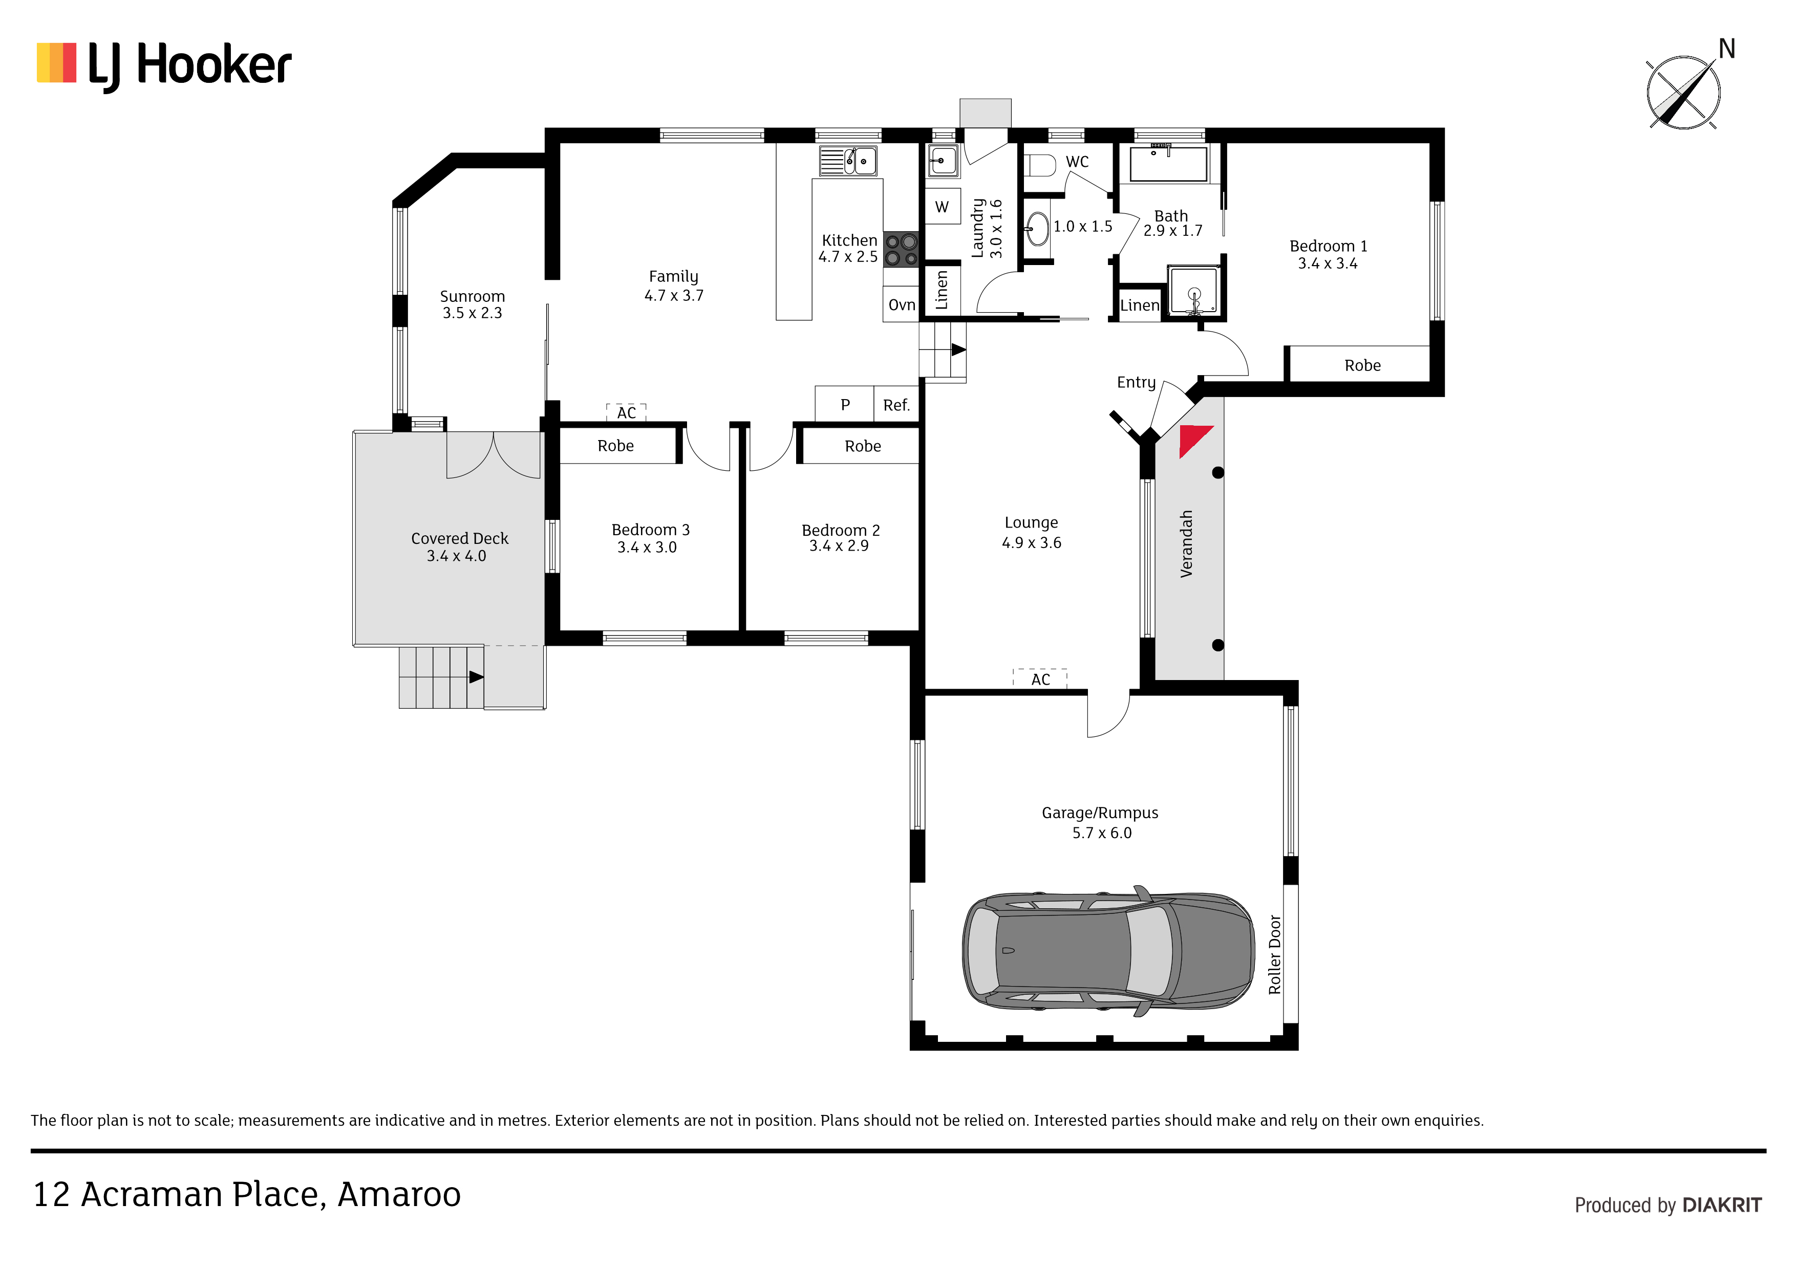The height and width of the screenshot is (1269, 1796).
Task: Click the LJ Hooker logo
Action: [164, 65]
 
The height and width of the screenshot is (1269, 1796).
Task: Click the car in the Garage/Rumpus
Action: [1107, 951]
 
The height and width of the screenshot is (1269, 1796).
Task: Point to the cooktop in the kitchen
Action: [901, 249]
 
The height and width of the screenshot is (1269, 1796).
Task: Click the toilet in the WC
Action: [1040, 165]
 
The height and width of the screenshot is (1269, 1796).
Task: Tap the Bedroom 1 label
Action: [1328, 246]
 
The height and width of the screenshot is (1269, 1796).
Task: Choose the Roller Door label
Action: [1274, 955]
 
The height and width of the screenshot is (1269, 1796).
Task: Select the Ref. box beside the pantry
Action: [896, 404]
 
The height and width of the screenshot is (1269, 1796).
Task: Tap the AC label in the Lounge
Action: [1040, 680]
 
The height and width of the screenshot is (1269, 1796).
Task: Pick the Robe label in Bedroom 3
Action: [615, 446]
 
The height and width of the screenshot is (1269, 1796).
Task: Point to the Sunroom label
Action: [473, 296]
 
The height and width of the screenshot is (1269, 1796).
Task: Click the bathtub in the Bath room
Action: [1169, 163]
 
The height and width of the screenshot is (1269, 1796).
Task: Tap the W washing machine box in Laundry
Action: [943, 206]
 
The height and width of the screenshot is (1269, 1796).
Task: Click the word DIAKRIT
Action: [1722, 1205]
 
